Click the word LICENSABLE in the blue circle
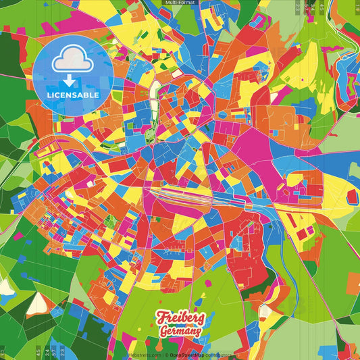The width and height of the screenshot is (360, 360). pyautogui.click(x=73, y=95)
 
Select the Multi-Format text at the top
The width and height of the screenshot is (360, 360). pyautogui.click(x=179, y=3)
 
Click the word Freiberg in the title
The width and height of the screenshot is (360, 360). pyautogui.click(x=180, y=317)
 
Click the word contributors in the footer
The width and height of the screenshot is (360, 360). pyautogui.click(x=219, y=355)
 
